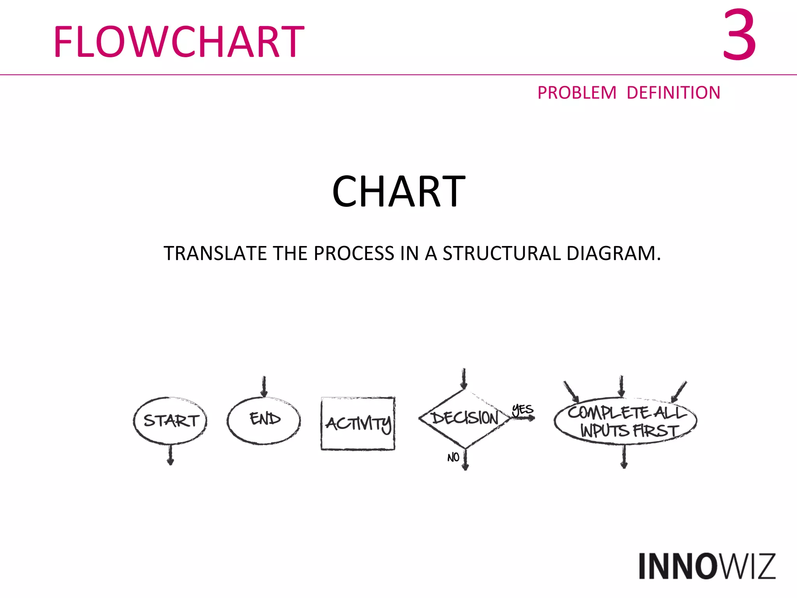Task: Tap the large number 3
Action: click(x=739, y=35)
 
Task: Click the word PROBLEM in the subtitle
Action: click(x=577, y=93)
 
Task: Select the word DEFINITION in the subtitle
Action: click(x=673, y=93)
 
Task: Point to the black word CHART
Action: click(x=398, y=192)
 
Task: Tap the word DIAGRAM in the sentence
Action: click(x=614, y=253)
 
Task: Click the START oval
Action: click(x=170, y=420)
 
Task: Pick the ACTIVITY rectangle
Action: click(x=358, y=423)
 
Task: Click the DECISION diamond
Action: click(x=464, y=418)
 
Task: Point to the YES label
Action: click(x=522, y=410)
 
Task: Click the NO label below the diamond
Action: click(x=453, y=457)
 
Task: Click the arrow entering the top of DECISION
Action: click(x=464, y=378)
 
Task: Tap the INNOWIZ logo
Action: click(x=707, y=566)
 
